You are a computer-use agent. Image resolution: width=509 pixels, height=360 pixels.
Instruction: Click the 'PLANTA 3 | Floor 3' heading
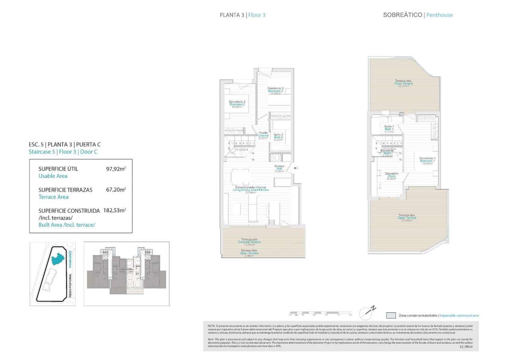(x=242, y=15)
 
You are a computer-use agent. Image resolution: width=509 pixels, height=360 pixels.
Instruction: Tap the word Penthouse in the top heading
(x=439, y=15)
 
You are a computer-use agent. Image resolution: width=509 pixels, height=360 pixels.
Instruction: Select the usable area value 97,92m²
(x=115, y=169)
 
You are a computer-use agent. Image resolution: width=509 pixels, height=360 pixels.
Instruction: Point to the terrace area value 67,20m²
(x=115, y=190)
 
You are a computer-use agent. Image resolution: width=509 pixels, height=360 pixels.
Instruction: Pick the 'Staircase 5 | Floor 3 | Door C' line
(x=63, y=152)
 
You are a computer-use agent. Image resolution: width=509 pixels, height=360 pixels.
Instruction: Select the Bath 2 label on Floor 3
(x=278, y=137)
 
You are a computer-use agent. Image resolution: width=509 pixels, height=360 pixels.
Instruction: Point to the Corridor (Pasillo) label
(x=263, y=135)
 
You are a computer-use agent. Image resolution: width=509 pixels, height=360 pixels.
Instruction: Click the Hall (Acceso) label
(x=279, y=169)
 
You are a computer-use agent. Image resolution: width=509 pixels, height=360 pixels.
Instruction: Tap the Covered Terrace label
(x=249, y=242)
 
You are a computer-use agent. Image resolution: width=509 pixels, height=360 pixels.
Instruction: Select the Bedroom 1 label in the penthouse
(x=427, y=161)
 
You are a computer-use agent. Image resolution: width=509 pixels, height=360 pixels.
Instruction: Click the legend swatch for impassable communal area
(x=391, y=315)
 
